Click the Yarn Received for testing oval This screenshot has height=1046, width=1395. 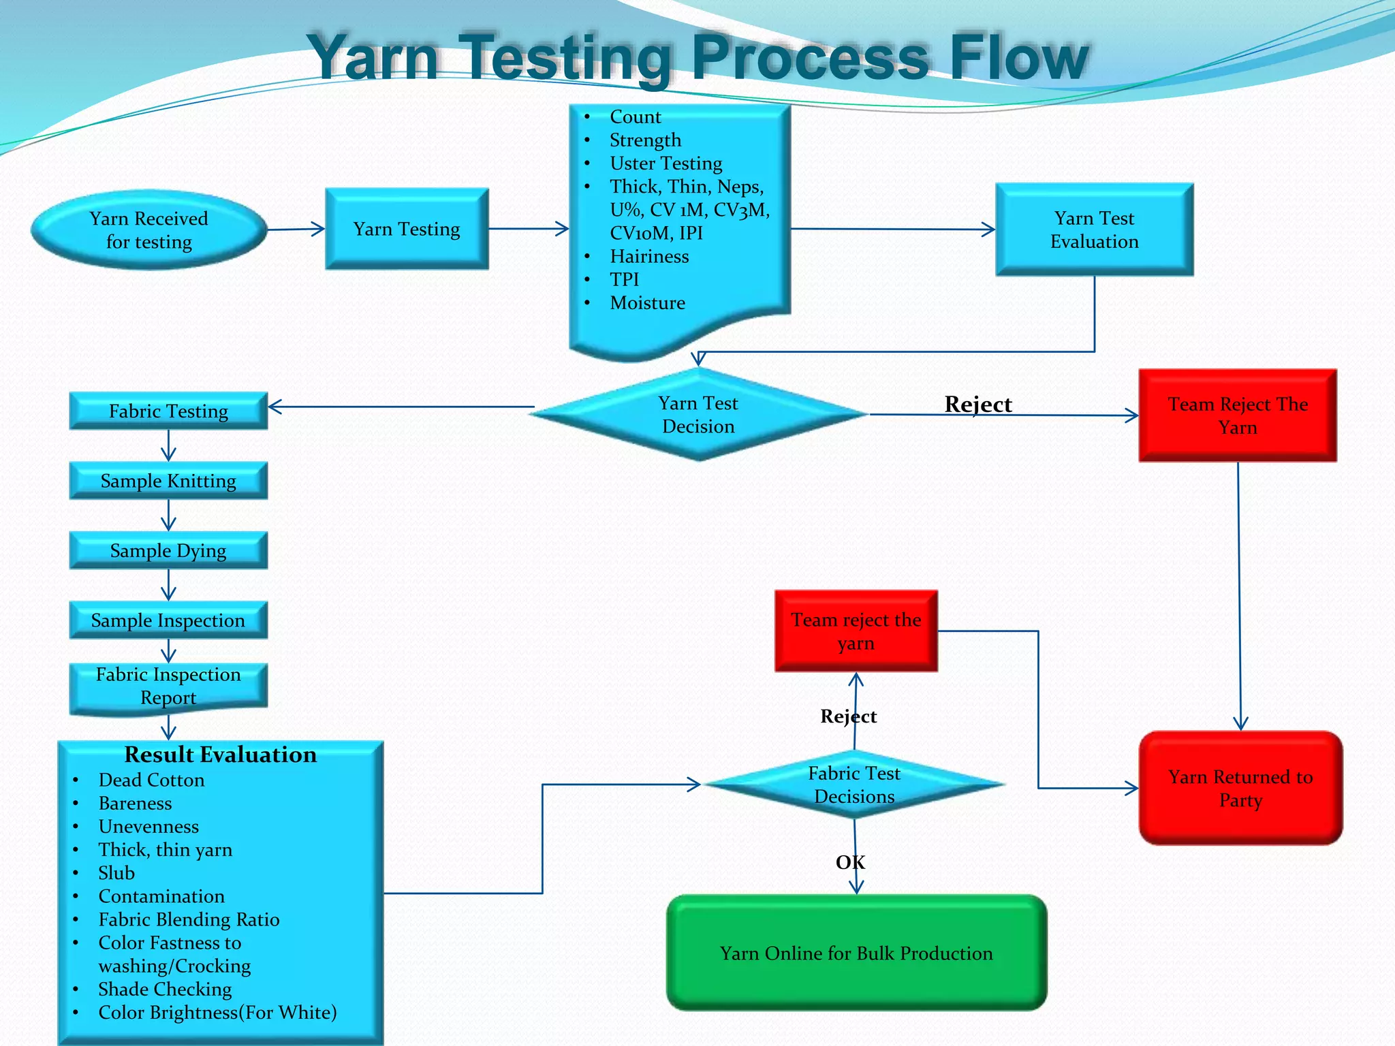(x=148, y=229)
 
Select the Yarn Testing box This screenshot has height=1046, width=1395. (x=407, y=229)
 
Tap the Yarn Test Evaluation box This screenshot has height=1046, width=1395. (x=1094, y=229)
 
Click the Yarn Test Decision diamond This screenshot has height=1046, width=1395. (x=698, y=415)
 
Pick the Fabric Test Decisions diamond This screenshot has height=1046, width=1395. (x=854, y=784)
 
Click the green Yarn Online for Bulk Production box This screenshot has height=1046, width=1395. (x=856, y=953)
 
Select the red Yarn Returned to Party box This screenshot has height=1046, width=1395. (x=1240, y=788)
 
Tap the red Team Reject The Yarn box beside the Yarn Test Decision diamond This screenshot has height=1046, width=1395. (x=1238, y=415)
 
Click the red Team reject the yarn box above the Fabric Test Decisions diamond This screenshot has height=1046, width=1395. (x=856, y=631)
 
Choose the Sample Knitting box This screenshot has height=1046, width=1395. (x=168, y=481)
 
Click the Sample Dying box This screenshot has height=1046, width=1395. (x=168, y=550)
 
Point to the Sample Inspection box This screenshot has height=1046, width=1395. (x=168, y=620)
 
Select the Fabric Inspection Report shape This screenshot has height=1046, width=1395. (x=168, y=686)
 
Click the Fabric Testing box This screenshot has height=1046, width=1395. (x=168, y=411)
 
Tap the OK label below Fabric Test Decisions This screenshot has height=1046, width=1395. (x=850, y=862)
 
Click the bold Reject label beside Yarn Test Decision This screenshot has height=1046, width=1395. (x=978, y=404)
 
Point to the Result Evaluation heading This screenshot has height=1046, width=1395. (x=220, y=755)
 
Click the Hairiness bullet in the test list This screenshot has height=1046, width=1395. (x=649, y=256)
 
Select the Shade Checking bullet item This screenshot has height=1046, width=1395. (x=165, y=989)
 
